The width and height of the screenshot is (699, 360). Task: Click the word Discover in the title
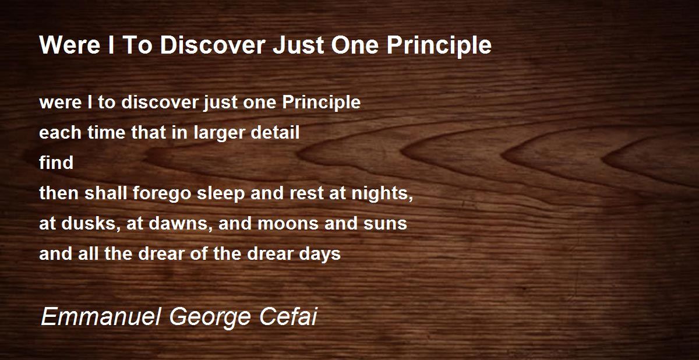point(213,45)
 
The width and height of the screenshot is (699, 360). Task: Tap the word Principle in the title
point(439,45)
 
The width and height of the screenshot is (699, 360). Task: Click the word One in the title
point(355,45)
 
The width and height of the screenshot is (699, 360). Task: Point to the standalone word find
point(56,163)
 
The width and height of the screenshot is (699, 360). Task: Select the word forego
point(162,193)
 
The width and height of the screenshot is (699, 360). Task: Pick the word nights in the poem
point(382,193)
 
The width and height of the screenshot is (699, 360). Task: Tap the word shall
point(105,193)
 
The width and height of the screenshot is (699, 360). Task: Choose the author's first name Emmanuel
point(101,317)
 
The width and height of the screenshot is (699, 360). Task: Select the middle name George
point(210,317)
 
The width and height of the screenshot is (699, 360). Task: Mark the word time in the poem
point(106,132)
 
